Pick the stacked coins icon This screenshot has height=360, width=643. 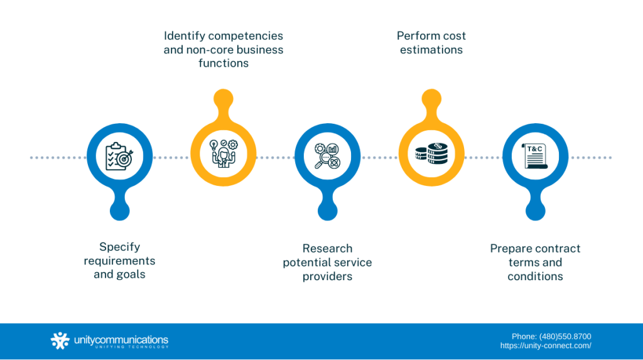pos(431,153)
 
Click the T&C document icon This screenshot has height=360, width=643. pos(536,156)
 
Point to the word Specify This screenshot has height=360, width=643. pos(119,247)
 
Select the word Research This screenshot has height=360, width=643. pos(327,248)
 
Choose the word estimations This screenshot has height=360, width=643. pos(431,50)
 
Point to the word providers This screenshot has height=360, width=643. pos(327,276)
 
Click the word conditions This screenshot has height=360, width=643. pos(535,276)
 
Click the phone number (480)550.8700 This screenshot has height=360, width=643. pos(565,336)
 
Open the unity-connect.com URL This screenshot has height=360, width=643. pos(546,346)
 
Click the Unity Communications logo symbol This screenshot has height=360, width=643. pos(60,341)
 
